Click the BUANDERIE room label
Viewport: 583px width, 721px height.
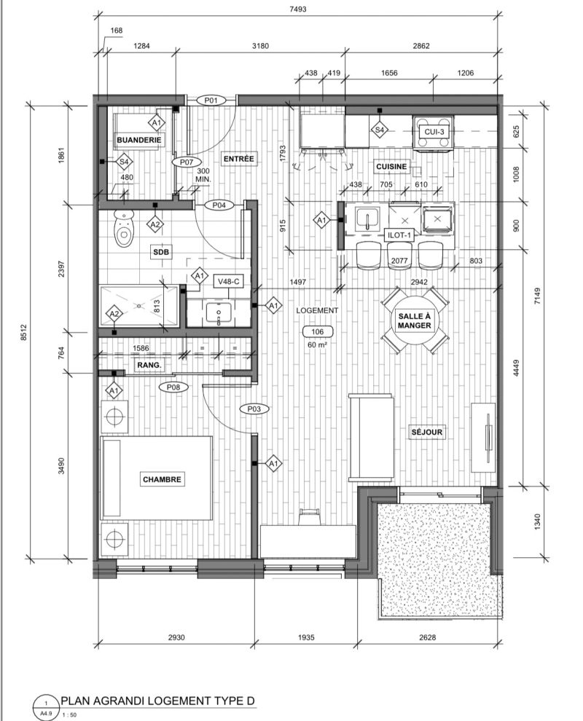[138, 140]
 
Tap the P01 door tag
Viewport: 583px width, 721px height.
[211, 100]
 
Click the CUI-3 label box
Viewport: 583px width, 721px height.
[434, 132]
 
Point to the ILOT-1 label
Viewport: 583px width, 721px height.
[399, 235]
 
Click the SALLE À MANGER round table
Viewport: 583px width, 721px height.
[414, 321]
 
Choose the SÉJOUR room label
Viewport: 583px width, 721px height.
[426, 432]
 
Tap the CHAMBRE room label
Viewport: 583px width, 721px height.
[162, 479]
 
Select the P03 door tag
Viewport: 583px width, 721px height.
[254, 409]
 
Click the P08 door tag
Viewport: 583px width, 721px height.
[173, 387]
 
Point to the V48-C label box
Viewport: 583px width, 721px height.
[229, 281]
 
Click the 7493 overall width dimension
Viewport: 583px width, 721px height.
[298, 9]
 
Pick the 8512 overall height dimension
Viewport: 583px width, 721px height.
[24, 332]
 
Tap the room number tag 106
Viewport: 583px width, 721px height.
[318, 331]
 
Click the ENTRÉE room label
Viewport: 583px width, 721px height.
[239, 159]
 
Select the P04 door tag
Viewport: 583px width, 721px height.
[219, 205]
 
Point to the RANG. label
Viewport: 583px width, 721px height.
[149, 365]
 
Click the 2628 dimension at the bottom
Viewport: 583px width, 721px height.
[428, 637]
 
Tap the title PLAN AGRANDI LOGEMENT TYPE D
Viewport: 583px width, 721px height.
[158, 701]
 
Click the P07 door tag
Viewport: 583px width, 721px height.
[187, 162]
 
